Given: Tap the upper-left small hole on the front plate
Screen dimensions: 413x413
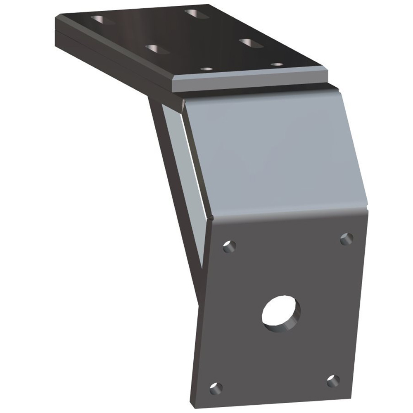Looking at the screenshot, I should [x=229, y=247].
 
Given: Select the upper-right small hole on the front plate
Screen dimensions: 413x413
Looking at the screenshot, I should [x=346, y=239].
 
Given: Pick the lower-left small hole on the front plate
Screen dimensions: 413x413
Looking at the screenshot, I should [x=215, y=388].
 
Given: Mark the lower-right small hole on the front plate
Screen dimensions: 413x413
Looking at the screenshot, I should [x=333, y=381].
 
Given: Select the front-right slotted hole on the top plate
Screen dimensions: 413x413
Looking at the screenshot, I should [x=251, y=43].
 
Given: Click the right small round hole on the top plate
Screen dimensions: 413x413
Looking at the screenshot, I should [x=277, y=64].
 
